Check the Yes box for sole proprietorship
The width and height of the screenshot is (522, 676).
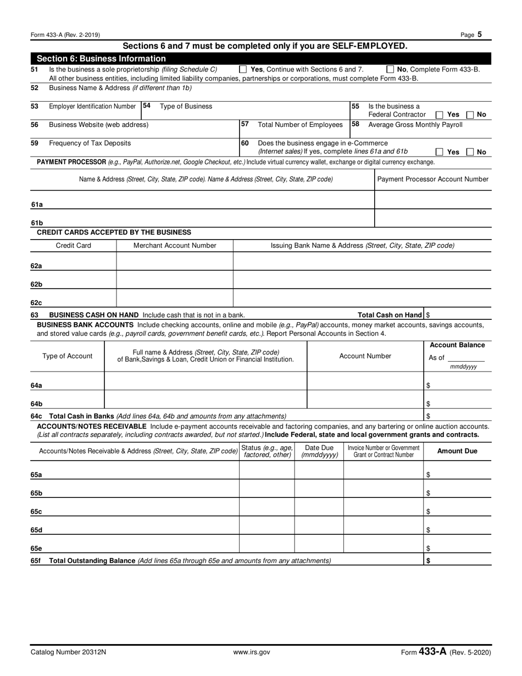point(243,70)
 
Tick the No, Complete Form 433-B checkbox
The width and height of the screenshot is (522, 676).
point(390,70)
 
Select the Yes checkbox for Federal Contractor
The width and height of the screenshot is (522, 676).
point(440,115)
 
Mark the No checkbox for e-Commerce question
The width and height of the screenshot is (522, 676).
point(470,152)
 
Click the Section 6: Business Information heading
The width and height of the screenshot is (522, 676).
point(101,59)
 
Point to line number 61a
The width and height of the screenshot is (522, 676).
point(37,204)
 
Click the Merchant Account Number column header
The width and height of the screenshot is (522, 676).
point(175,246)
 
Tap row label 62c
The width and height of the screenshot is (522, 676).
point(37,302)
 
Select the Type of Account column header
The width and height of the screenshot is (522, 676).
point(68,356)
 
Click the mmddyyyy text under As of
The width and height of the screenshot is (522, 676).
point(463,367)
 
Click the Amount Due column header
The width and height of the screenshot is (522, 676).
point(457,451)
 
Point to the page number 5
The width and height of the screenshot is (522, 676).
point(480,35)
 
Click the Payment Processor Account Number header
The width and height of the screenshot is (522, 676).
point(432,179)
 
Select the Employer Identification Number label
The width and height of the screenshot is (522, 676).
point(92,106)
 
